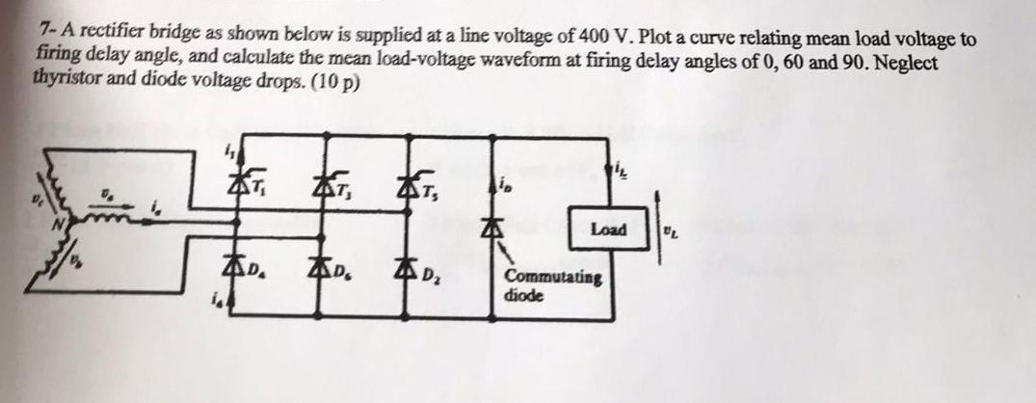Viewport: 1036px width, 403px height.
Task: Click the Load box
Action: click(609, 229)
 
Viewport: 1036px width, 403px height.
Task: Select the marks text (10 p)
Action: click(338, 81)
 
